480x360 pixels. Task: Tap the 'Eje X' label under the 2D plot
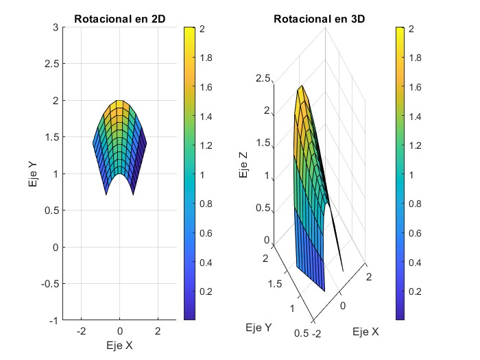pyautogui.click(x=119, y=346)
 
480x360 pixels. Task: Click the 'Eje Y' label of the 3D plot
pyautogui.click(x=259, y=328)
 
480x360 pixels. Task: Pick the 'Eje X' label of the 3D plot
pyautogui.click(x=365, y=332)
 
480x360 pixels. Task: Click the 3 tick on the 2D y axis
pyautogui.click(x=53, y=27)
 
